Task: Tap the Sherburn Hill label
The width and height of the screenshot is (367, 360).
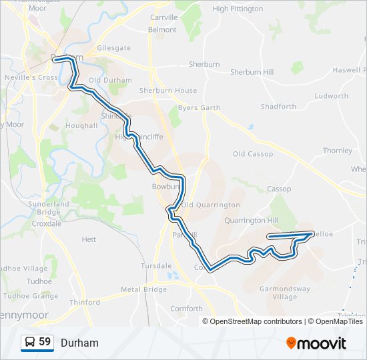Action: [x=252, y=72]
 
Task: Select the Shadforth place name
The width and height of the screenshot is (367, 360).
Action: [x=278, y=107]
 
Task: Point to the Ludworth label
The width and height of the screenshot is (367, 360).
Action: [x=332, y=96]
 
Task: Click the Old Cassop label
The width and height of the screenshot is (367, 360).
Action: [x=253, y=154]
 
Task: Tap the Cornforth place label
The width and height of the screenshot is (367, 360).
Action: [x=186, y=309]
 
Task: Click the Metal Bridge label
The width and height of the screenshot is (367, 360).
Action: [x=143, y=289]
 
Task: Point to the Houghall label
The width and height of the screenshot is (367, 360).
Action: [x=82, y=125]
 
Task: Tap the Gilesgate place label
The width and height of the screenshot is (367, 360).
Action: [x=113, y=49]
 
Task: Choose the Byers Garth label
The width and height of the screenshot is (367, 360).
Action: [x=199, y=107]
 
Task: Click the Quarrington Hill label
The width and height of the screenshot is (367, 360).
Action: [x=251, y=220]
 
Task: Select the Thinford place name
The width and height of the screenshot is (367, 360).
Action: [x=85, y=302]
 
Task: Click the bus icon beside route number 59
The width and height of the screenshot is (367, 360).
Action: [x=30, y=343]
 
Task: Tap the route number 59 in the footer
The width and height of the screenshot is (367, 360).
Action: [x=45, y=342]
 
